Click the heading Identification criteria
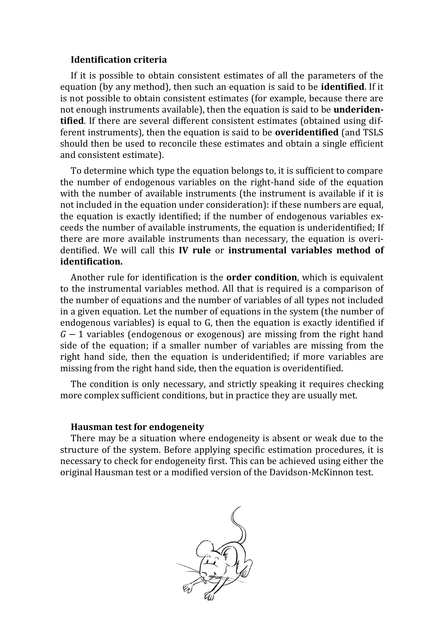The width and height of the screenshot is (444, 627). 119,60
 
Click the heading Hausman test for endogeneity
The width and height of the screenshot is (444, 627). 137,426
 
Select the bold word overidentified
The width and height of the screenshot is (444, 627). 307,132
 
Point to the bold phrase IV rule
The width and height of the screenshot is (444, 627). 195,250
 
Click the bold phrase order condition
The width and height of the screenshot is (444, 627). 261,277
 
